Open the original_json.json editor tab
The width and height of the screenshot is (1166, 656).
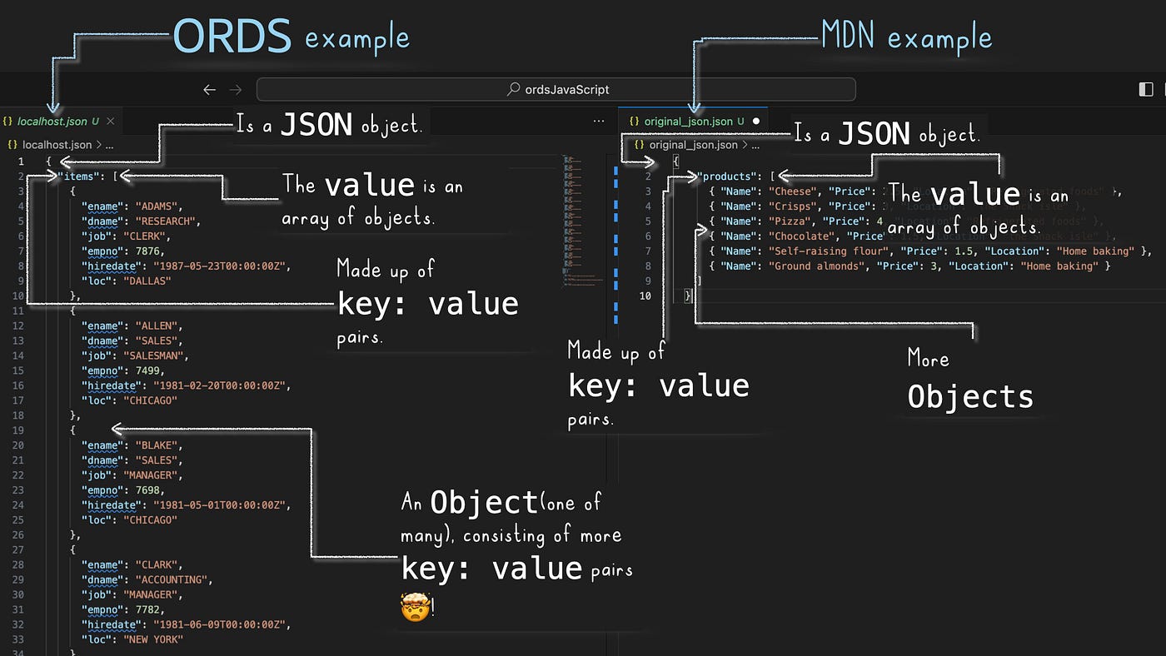[x=688, y=122]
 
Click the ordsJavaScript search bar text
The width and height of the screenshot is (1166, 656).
[x=566, y=89]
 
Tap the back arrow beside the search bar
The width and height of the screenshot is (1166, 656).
[x=210, y=90]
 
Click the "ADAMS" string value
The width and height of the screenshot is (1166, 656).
[x=158, y=206]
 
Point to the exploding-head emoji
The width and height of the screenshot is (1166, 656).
[x=413, y=606]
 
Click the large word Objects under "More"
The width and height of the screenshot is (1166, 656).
[x=970, y=397]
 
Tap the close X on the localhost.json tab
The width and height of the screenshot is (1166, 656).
[x=110, y=122]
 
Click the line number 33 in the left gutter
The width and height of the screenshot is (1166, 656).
[x=18, y=639]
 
